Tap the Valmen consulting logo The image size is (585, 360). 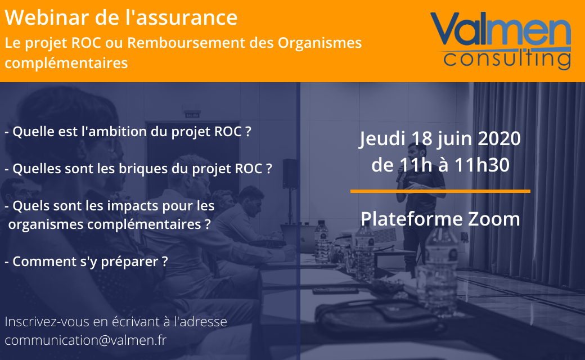pyautogui.click(x=501, y=40)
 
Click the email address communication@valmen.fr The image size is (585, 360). pyautogui.click(x=85, y=340)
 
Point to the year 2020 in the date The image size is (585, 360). pyautogui.click(x=499, y=138)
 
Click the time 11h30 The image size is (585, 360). pyautogui.click(x=482, y=165)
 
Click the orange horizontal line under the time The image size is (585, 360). pyautogui.click(x=440, y=191)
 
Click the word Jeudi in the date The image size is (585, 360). pyautogui.click(x=382, y=139)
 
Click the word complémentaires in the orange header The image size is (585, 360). pyautogui.click(x=66, y=63)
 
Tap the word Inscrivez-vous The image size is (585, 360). pyautogui.click(x=47, y=322)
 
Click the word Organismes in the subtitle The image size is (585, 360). pyautogui.click(x=319, y=43)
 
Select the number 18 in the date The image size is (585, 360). pyautogui.click(x=421, y=138)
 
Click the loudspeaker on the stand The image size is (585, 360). pyautogui.click(x=290, y=173)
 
